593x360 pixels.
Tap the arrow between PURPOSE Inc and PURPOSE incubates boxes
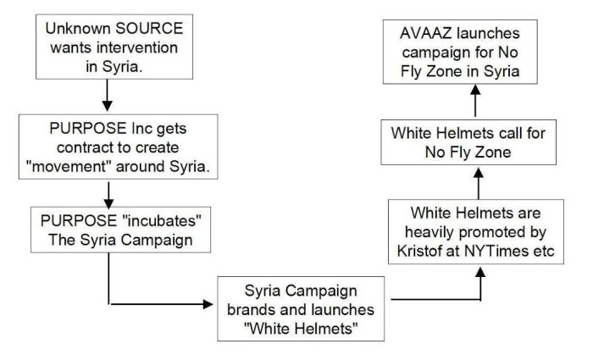(x=108, y=196)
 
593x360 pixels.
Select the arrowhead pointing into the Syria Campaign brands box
(x=209, y=302)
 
